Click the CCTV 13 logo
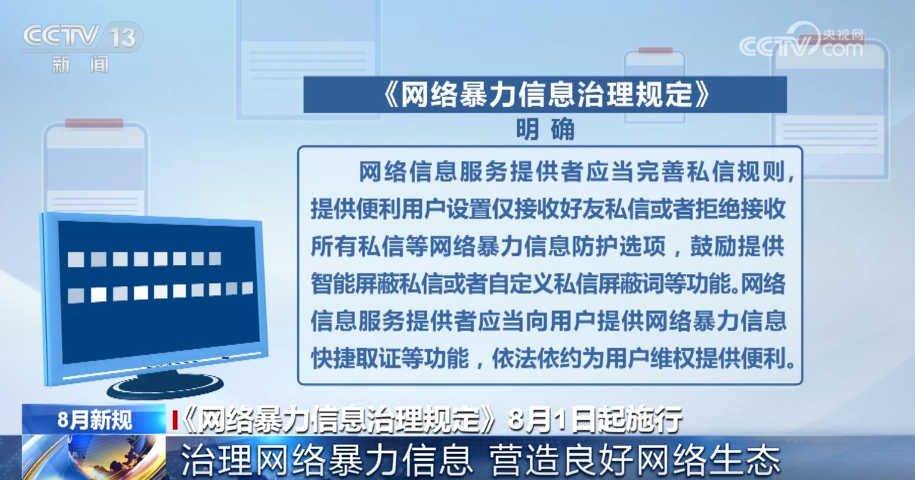pos(82,37)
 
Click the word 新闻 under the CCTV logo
pos(81,65)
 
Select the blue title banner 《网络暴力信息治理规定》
pos(545,94)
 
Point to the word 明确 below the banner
pos(545,130)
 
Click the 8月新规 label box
pos(94,419)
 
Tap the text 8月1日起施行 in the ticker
pos(595,419)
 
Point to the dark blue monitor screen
pos(159,291)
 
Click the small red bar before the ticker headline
pos(175,420)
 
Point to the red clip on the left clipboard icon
pos(94,123)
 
